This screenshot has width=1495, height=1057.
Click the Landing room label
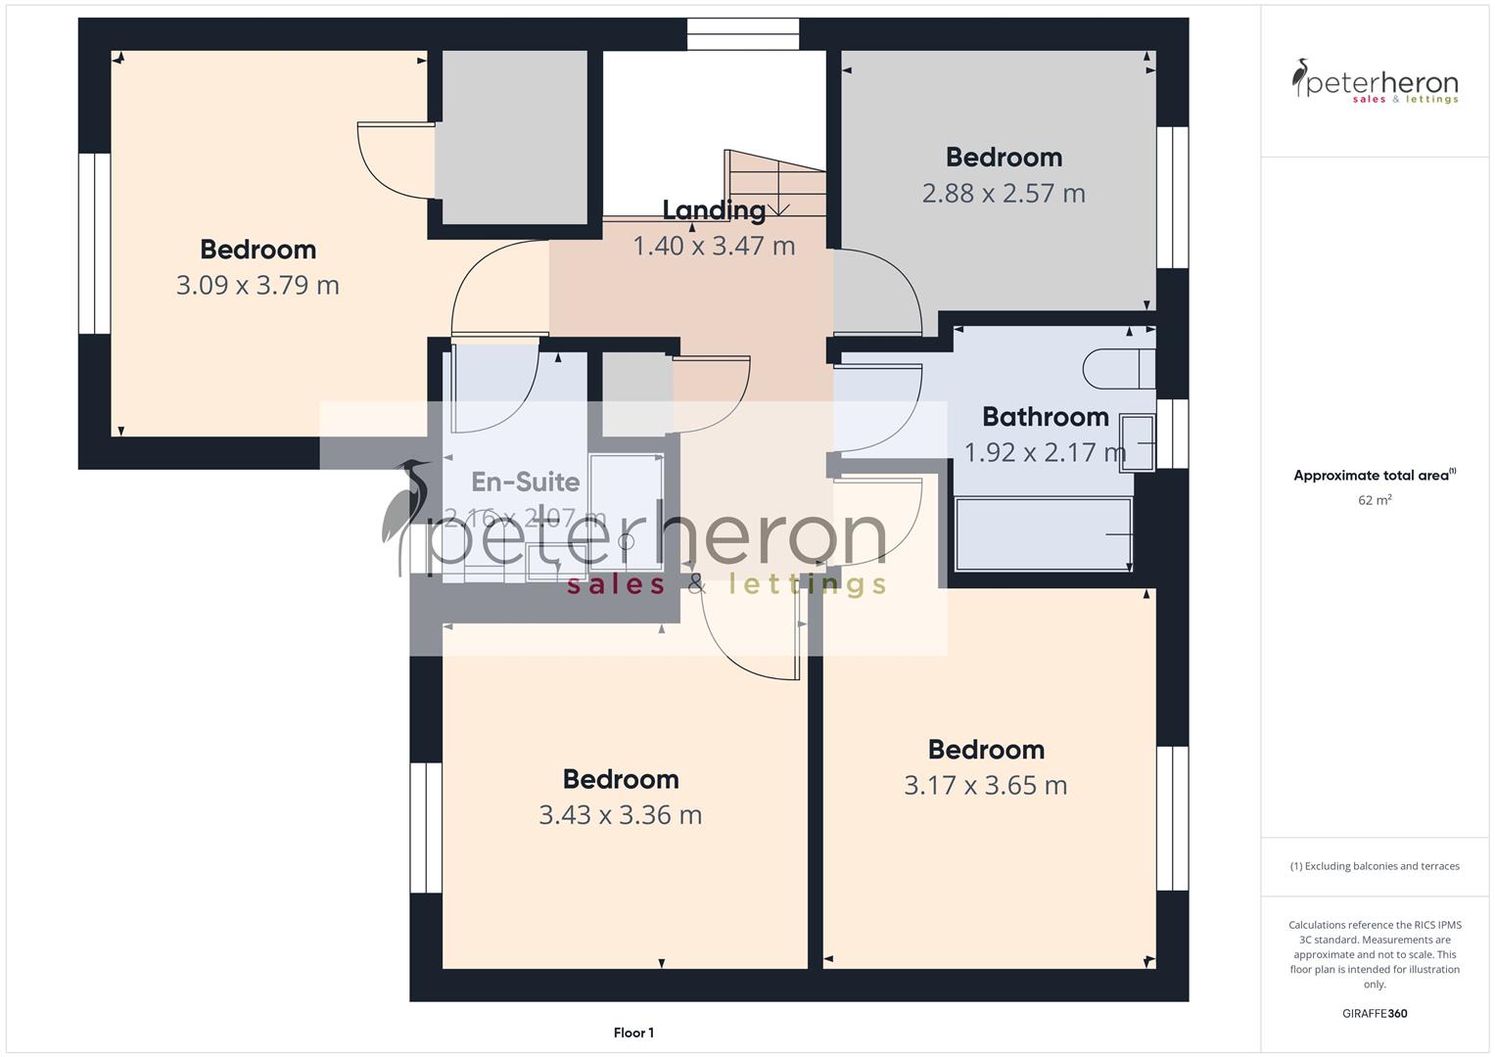[x=714, y=210]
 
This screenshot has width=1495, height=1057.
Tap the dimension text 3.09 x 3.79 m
[x=257, y=286]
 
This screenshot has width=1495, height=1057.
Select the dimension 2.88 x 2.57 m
[x=1004, y=194]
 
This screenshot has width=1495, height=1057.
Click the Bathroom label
[x=1045, y=417]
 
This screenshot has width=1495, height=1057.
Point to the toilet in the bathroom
[x=1119, y=369]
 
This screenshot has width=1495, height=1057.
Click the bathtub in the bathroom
[x=1043, y=534]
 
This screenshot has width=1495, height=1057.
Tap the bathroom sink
[x=1139, y=443]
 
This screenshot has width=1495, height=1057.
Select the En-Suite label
[x=526, y=482]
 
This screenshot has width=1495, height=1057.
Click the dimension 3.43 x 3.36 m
[x=620, y=815]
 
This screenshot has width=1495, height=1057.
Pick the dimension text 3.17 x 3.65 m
[x=985, y=786]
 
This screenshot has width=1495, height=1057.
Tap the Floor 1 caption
[x=633, y=1033]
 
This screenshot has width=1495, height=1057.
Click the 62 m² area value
[x=1375, y=500]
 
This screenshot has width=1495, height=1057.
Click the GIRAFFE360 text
[x=1374, y=1013]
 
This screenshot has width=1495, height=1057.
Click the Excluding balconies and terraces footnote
[x=1375, y=866]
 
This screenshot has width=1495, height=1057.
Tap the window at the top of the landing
[x=743, y=33]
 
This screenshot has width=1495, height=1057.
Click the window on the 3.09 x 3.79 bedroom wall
[x=95, y=243]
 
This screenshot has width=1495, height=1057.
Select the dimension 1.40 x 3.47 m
[x=714, y=246]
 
